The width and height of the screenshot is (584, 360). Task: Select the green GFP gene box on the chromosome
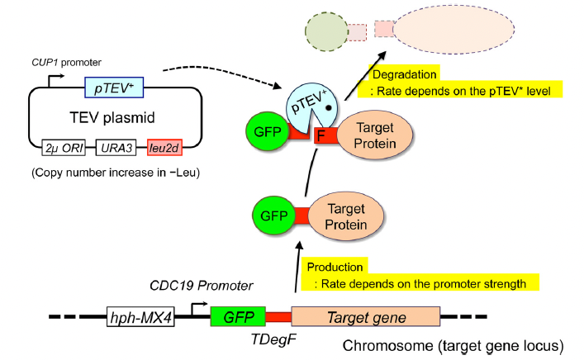point(238,316)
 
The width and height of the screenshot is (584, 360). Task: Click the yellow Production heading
point(335,267)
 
